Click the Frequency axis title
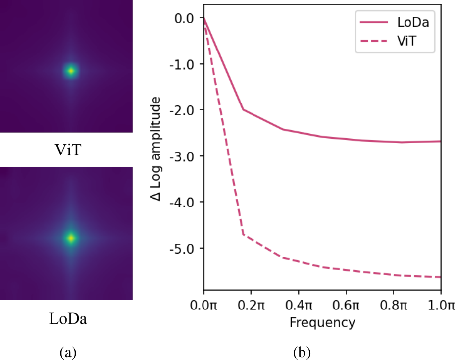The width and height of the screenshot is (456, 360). click(x=322, y=323)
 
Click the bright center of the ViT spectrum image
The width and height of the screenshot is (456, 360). click(x=71, y=71)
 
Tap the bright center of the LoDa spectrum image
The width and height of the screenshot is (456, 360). click(x=71, y=238)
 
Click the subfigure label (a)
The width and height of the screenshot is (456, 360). click(x=68, y=352)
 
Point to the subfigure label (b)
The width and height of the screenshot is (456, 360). click(x=302, y=352)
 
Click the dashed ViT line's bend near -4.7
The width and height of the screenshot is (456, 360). click(x=243, y=234)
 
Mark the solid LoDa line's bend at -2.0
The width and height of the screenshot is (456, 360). click(x=243, y=109)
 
